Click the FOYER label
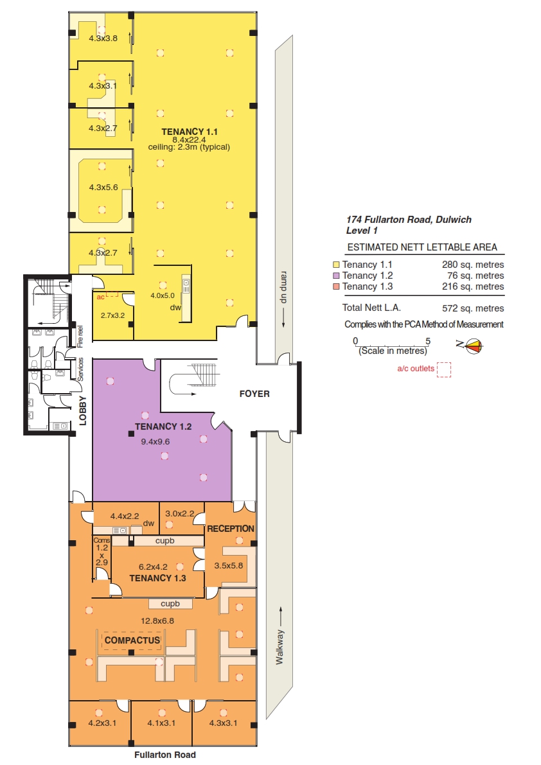click(254, 394)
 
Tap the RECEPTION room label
click(231, 529)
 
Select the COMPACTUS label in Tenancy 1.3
click(132, 640)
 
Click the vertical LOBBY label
click(82, 410)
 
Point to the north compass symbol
click(473, 346)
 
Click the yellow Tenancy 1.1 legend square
click(335, 265)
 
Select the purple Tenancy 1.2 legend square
click(335, 276)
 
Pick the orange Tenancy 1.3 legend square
click(335, 287)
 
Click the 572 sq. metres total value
click(473, 308)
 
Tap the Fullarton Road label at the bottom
click(165, 755)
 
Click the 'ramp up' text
click(283, 287)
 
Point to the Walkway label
click(279, 647)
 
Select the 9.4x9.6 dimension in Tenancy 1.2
click(155, 442)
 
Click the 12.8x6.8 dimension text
click(157, 621)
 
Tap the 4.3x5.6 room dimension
click(103, 188)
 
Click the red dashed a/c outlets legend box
click(443, 369)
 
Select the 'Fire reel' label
click(80, 336)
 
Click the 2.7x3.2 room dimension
click(112, 315)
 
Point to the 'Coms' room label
click(102, 541)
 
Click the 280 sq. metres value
click(473, 265)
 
